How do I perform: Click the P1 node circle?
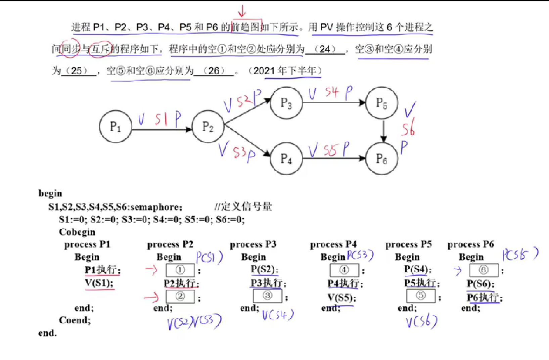pyautogui.click(x=116, y=127)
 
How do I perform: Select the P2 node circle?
pyautogui.click(x=208, y=127)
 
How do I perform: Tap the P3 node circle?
pyautogui.click(x=286, y=103)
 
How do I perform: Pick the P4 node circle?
pyautogui.click(x=286, y=158)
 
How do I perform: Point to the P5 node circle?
pyautogui.click(x=382, y=103)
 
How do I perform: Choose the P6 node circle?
pyautogui.click(x=382, y=158)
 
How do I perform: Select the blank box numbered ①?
pyautogui.click(x=180, y=270)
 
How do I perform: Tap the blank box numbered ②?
pyautogui.click(x=180, y=296)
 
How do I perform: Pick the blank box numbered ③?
pyautogui.click(x=268, y=296)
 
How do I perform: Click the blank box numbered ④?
pyautogui.click(x=344, y=270)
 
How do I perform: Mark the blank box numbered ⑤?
pyautogui.click(x=421, y=296)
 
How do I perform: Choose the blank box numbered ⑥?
pyautogui.click(x=484, y=270)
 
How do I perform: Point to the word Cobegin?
pyautogui.click(x=77, y=232)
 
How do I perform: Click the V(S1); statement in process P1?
pyautogui.click(x=99, y=283)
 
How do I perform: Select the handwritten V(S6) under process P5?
pyautogui.click(x=421, y=322)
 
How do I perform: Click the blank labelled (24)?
pyautogui.click(x=325, y=49)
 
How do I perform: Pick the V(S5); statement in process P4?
pyautogui.click(x=342, y=298)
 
